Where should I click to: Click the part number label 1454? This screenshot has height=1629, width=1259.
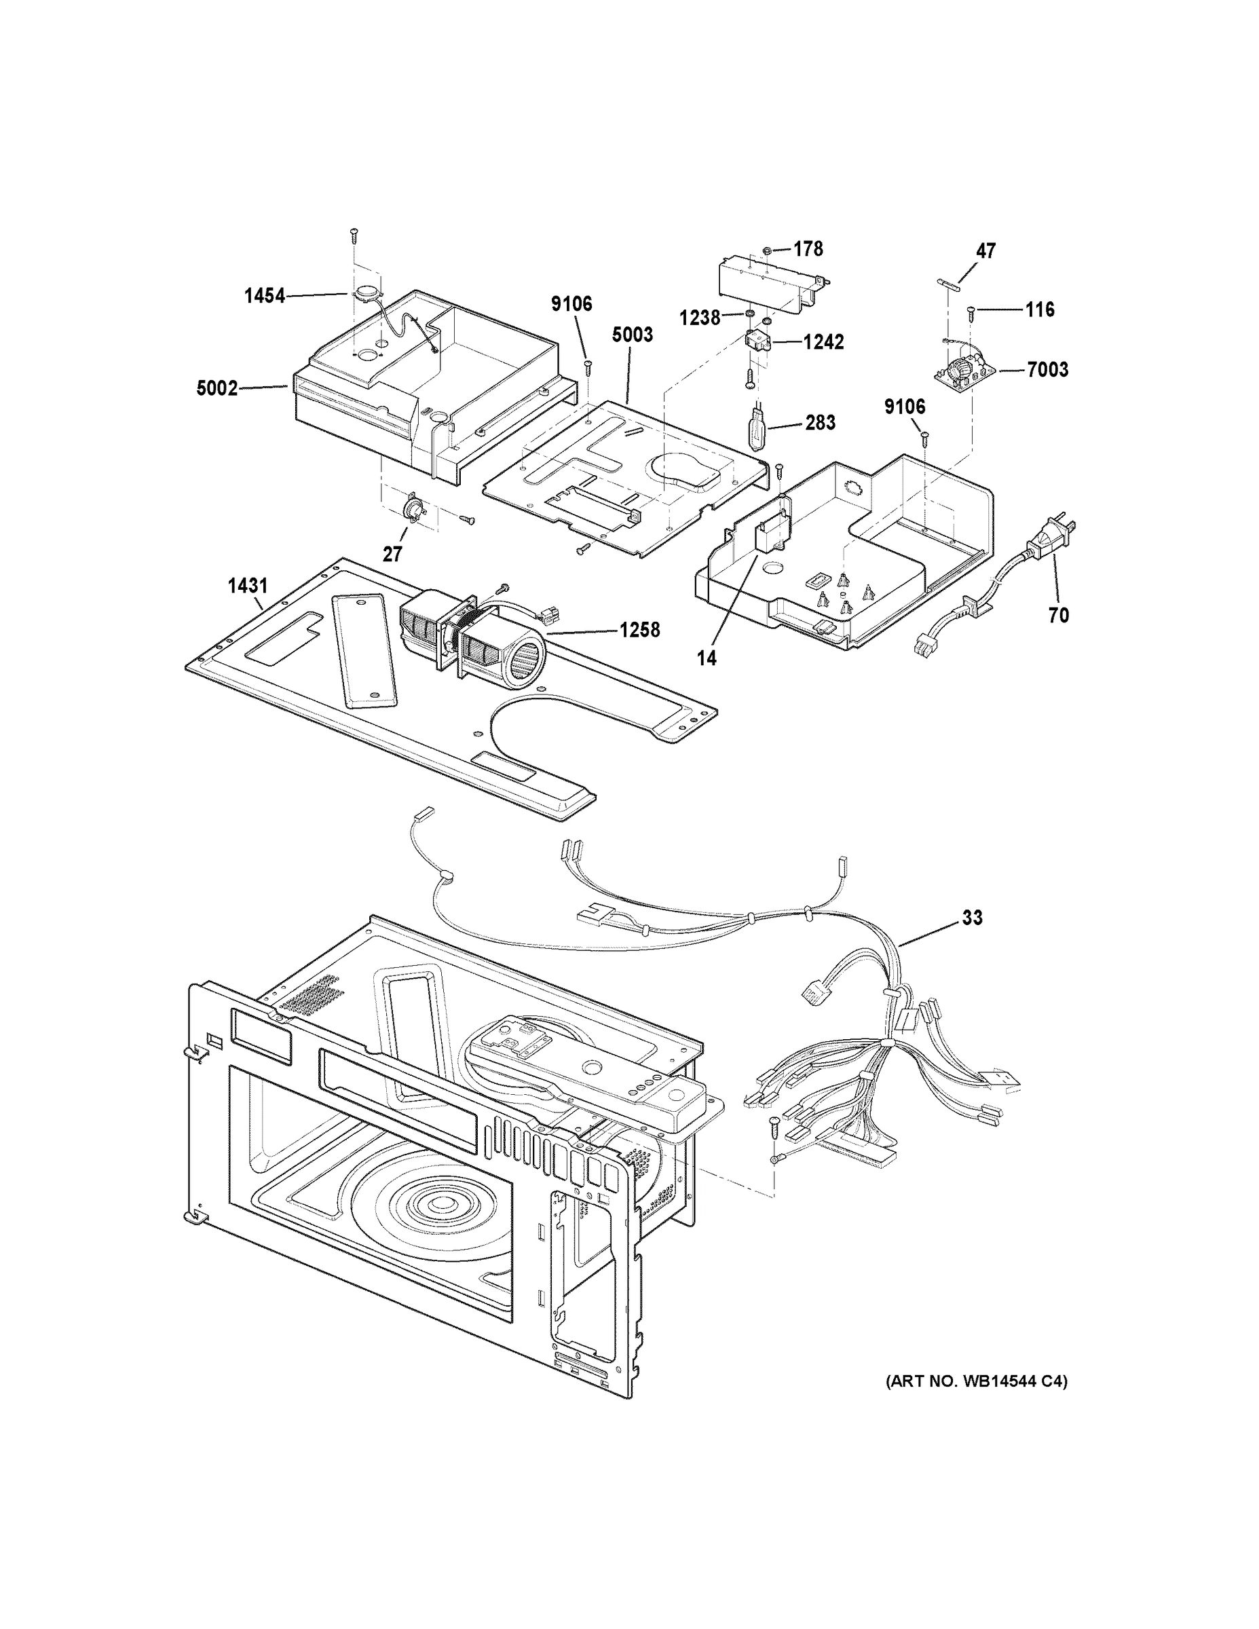265,296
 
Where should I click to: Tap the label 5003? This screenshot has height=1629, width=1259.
633,335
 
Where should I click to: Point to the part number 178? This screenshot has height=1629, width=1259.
808,248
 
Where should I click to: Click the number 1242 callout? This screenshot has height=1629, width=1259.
823,341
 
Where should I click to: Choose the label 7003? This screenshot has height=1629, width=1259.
1047,369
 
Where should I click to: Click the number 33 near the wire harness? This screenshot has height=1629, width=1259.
972,918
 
